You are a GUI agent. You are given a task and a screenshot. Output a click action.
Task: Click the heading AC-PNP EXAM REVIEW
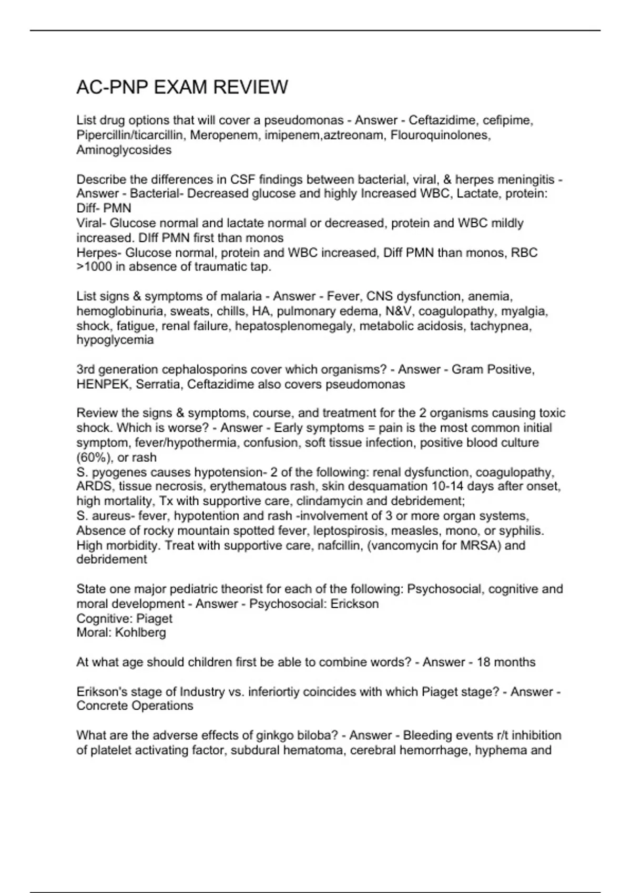(x=182, y=87)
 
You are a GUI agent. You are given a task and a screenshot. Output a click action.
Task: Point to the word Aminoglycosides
(x=124, y=150)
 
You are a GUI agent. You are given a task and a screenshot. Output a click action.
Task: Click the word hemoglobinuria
(x=121, y=311)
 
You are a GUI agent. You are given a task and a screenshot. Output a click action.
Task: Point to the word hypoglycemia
(x=115, y=340)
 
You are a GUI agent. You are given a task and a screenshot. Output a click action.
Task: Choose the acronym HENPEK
(x=103, y=385)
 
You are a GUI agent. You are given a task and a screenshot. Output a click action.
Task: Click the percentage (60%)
(x=93, y=458)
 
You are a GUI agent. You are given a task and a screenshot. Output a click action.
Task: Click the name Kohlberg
(x=140, y=632)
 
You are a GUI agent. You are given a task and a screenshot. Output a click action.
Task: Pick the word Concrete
(x=101, y=706)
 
